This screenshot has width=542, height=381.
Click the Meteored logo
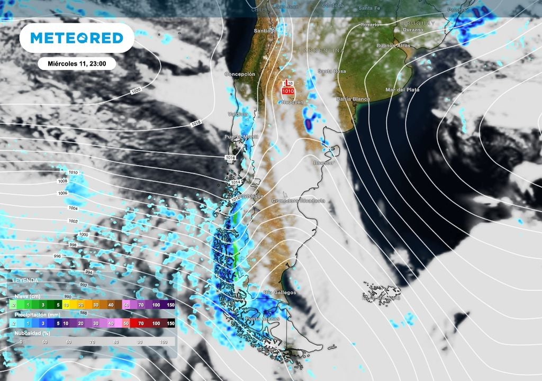click(77, 38)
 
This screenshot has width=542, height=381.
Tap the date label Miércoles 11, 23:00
click(77, 63)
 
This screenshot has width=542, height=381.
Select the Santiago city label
click(265, 31)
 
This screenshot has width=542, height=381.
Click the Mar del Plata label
click(402, 90)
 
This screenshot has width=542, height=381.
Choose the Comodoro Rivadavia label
click(297, 201)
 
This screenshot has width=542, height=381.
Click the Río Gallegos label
click(280, 293)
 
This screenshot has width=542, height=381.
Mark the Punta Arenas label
click(261, 319)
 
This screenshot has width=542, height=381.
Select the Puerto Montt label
click(240, 137)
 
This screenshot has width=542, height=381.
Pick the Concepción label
click(239, 75)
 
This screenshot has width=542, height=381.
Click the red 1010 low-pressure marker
click(287, 91)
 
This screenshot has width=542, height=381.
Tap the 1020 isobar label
click(135, 92)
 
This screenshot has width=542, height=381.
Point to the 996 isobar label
click(57, 256)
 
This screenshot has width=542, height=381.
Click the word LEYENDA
click(25, 280)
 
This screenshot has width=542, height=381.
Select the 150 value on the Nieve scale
click(170, 305)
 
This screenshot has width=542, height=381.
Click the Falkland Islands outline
click(381, 295)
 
